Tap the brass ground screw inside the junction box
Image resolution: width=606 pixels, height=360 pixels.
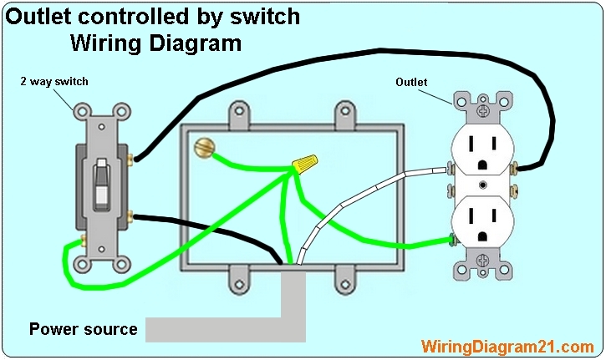coord(202,150)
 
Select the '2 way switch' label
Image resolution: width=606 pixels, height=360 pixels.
coord(53,82)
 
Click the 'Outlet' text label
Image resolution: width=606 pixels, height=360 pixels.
coord(410,82)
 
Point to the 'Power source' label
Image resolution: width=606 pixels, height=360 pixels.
coord(83,329)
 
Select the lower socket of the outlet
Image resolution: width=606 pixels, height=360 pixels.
coord(482,227)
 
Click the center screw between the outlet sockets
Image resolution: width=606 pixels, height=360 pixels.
coord(482,186)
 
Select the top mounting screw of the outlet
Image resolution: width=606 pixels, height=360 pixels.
coord(482,108)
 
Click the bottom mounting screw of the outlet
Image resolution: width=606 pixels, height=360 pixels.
coord(482,268)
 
